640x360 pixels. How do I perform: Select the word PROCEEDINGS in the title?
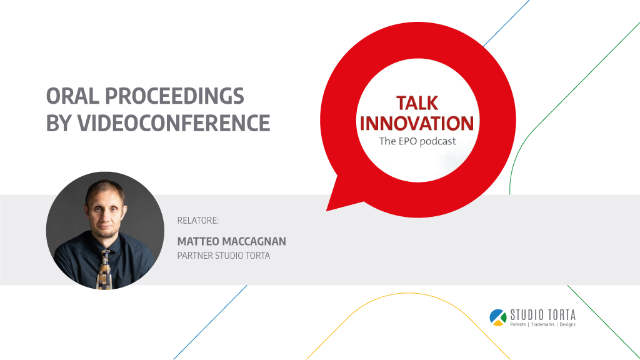[x=174, y=96]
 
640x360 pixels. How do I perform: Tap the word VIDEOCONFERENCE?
[x=174, y=123]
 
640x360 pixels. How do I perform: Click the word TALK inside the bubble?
[x=417, y=103]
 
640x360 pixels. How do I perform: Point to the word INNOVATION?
[x=417, y=123]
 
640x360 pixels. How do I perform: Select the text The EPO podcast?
[x=417, y=141]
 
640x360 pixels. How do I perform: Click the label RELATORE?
[x=198, y=221]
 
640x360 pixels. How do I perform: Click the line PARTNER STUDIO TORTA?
[x=224, y=256]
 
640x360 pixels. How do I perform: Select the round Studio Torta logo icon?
[x=498, y=317]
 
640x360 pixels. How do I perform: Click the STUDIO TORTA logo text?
[x=543, y=315]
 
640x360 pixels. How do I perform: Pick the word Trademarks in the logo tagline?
[x=542, y=324]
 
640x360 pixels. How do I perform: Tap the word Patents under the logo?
[x=518, y=324]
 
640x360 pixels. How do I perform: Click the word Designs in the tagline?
[x=567, y=324]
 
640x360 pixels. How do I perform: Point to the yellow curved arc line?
[x=408, y=293]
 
